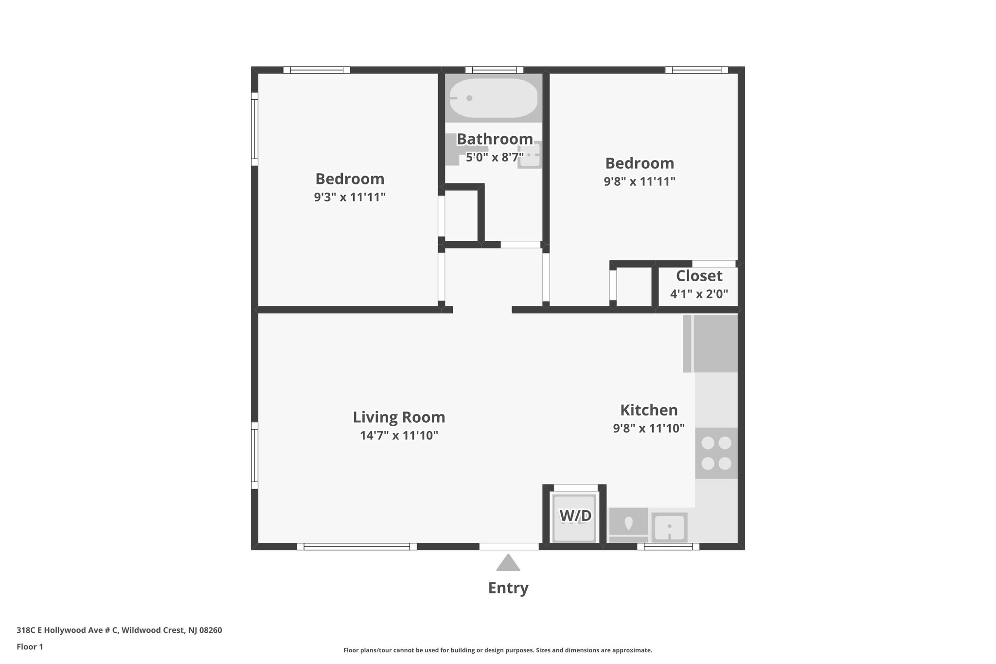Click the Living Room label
click(399, 417)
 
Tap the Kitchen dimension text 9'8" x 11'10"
click(649, 429)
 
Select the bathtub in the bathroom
click(493, 98)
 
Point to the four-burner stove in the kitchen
click(716, 452)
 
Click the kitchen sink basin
click(669, 527)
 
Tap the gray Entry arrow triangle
click(508, 563)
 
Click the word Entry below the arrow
click(508, 588)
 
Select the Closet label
click(699, 276)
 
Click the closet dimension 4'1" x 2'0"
click(699, 294)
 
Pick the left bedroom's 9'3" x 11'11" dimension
click(350, 197)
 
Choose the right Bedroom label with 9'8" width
click(639, 163)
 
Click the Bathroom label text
click(495, 139)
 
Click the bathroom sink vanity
click(530, 155)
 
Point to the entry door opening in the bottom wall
click(509, 547)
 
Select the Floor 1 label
click(30, 647)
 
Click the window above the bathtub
click(494, 70)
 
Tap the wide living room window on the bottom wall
click(357, 547)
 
